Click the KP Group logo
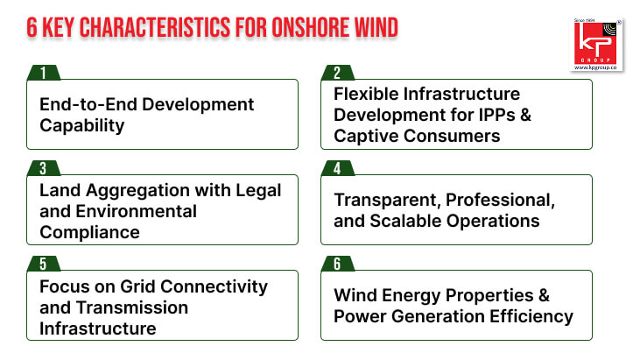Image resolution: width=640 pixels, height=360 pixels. (596, 45)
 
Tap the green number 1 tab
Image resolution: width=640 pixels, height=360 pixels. (44, 73)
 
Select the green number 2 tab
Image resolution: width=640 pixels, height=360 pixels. (338, 73)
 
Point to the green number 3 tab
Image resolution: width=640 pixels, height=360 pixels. (44, 168)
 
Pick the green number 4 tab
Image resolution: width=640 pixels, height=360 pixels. (338, 168)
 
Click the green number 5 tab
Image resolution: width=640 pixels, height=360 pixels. (44, 264)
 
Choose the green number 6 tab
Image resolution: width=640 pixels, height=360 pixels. (338, 264)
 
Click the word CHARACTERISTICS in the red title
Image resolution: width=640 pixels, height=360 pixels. (155, 28)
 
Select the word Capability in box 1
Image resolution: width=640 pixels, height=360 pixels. (82, 126)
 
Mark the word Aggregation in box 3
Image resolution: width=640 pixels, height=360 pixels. (137, 191)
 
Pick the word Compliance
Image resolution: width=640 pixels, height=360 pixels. (90, 232)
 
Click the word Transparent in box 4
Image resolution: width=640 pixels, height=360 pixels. (387, 201)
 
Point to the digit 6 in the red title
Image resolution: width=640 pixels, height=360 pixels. (32, 28)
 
